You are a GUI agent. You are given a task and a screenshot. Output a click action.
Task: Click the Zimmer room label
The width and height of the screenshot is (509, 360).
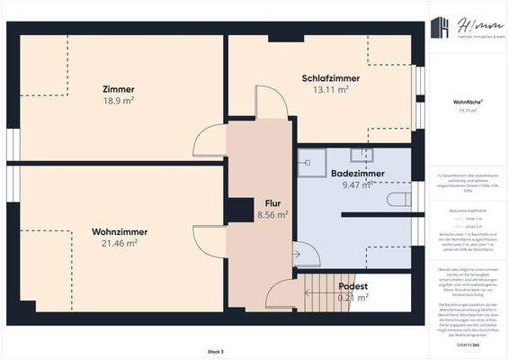point(119,89)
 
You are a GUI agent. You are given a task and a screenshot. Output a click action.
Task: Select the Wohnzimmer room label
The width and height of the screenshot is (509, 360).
point(120,231)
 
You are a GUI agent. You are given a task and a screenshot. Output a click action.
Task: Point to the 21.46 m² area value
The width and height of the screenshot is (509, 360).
point(120,243)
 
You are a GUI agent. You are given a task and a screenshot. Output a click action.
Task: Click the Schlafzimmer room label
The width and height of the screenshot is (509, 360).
point(331,78)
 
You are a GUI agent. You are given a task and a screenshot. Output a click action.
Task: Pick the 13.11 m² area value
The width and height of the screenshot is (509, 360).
point(331,90)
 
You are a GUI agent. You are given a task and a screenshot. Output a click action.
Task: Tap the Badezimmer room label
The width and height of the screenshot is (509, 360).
point(357,173)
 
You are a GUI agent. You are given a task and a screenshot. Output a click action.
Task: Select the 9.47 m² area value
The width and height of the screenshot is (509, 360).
point(357,184)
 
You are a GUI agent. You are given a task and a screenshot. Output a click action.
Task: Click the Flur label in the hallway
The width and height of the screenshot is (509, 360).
point(272,203)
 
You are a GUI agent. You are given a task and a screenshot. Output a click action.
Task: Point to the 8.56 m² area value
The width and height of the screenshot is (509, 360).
point(272,215)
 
